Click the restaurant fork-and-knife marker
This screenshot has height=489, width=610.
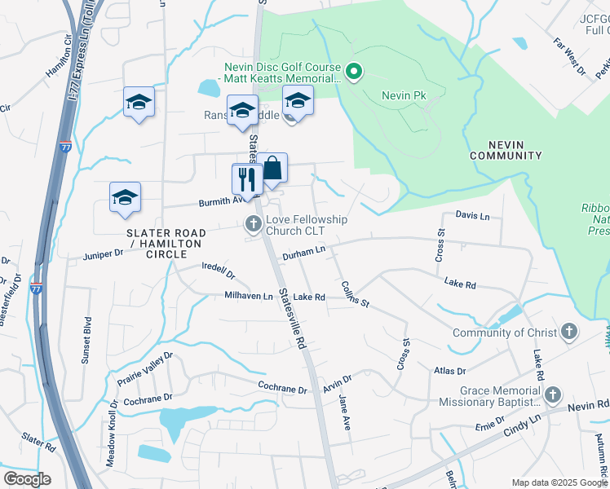click(x=245, y=179)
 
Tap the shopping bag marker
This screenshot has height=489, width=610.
click(x=273, y=170)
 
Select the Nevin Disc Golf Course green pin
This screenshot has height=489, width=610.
click(x=354, y=73)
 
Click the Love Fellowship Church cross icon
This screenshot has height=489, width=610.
click(x=253, y=223)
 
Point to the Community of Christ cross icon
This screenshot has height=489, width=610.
click(x=569, y=332)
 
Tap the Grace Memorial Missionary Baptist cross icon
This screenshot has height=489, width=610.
click(x=553, y=395)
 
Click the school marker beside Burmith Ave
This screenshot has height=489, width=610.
click(x=125, y=197)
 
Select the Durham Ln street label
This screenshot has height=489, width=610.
click(x=303, y=254)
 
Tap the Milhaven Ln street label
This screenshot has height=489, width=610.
click(x=249, y=297)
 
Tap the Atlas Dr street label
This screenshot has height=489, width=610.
click(x=449, y=371)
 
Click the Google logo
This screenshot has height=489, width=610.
click(x=27, y=478)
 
